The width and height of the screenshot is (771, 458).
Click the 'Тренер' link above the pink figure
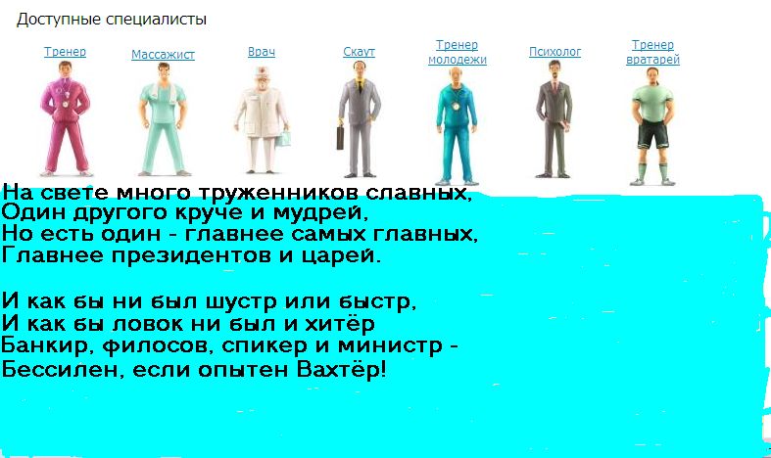tap(65, 52)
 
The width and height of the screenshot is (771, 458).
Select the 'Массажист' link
tap(163, 55)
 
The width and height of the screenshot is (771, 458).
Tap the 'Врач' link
tap(262, 52)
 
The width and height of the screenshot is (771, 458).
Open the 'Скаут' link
tap(359, 52)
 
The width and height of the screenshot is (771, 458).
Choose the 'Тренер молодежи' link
tap(458, 52)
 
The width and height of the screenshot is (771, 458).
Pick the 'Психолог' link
tap(554, 52)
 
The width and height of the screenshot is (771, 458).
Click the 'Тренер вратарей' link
tap(652, 52)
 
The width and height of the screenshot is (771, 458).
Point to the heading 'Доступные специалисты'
tap(112, 20)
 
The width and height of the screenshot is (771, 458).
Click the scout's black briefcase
tap(341, 138)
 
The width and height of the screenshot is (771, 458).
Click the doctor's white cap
tap(262, 71)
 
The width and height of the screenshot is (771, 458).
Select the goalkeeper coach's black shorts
tap(652, 134)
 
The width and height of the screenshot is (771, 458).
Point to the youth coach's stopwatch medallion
tap(456, 106)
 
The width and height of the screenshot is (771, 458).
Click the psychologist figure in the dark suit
tap(554, 119)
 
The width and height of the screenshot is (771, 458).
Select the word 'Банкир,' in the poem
tap(48, 346)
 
